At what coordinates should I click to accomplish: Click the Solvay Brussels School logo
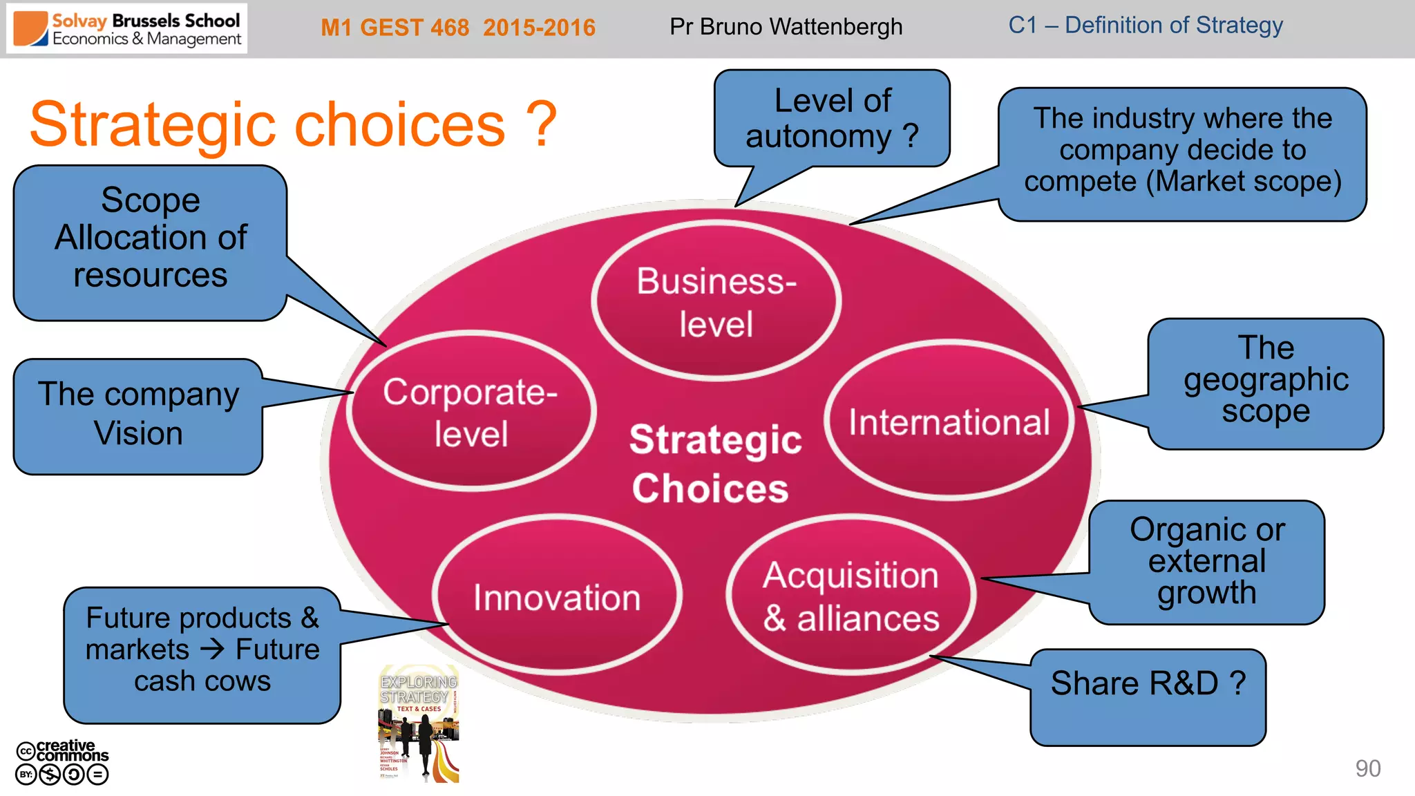(x=127, y=29)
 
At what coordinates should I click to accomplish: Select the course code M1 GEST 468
(x=395, y=28)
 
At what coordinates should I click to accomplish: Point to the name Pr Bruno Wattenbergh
(x=786, y=27)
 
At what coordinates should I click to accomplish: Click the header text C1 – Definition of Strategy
(x=1145, y=26)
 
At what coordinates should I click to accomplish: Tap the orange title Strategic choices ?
(x=293, y=125)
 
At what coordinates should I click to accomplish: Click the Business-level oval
(x=716, y=302)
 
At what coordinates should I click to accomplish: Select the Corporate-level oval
(x=471, y=413)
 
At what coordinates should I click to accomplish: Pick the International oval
(x=949, y=421)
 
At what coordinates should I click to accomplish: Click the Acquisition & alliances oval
(x=851, y=596)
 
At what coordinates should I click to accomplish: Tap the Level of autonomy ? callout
(x=832, y=118)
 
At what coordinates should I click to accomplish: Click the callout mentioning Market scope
(x=1182, y=151)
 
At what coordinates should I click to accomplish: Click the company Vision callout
(x=138, y=415)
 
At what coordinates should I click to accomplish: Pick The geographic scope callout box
(x=1265, y=380)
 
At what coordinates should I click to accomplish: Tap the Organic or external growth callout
(x=1206, y=561)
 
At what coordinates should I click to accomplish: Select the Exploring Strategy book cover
(x=419, y=723)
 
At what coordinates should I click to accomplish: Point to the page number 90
(x=1367, y=768)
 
